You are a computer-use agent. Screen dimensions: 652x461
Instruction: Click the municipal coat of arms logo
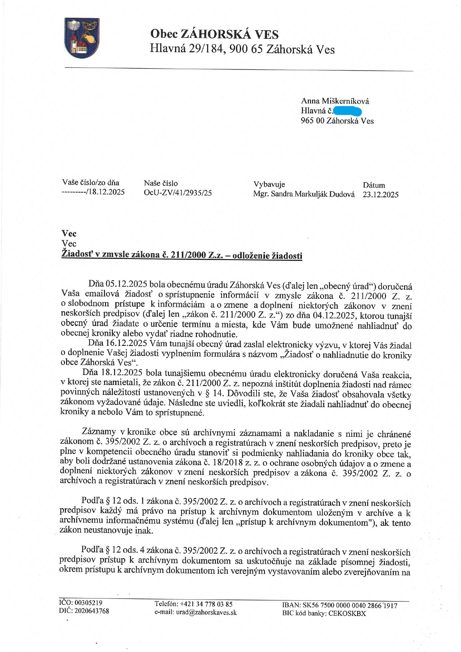(82, 38)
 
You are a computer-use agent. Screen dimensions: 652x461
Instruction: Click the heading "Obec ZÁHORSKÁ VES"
(214, 35)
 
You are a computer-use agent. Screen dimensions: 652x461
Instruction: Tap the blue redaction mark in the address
(348, 111)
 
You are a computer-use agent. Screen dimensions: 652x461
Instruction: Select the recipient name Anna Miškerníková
(335, 101)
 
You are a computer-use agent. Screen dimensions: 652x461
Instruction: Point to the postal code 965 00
(312, 121)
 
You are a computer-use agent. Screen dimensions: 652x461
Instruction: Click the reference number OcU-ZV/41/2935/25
(178, 193)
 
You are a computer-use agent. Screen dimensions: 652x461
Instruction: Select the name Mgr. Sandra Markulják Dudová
(304, 194)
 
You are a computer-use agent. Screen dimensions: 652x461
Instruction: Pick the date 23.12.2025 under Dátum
(380, 194)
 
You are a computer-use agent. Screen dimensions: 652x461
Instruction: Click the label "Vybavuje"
(269, 184)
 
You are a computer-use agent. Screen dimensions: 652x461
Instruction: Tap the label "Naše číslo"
(161, 183)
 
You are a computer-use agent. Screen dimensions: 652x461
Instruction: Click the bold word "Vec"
(69, 234)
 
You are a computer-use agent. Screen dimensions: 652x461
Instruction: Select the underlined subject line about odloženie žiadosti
(181, 255)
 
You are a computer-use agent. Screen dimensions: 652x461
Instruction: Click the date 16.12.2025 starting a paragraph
(126, 343)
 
